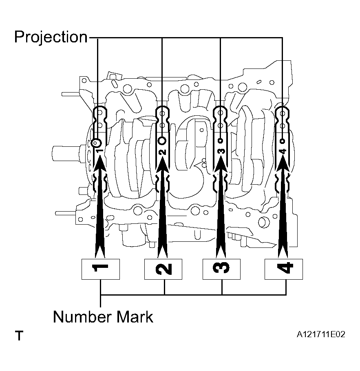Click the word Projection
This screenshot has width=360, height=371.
[51, 38]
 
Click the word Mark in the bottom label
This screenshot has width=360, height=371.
[135, 317]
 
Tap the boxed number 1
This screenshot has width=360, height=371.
[101, 269]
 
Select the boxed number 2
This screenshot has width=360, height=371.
[163, 269]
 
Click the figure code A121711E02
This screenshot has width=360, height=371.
[321, 334]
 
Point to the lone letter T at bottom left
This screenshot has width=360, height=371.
[19, 336]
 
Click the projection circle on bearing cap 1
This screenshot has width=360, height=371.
[96, 143]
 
